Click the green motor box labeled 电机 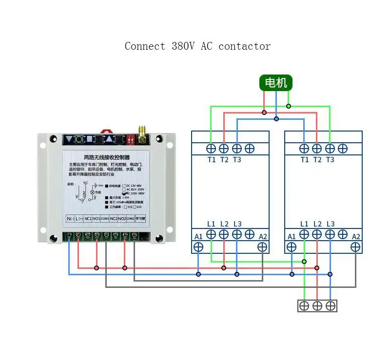[x=276, y=83]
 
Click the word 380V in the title [x=183, y=46]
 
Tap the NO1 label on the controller [x=97, y=219]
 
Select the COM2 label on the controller [x=130, y=219]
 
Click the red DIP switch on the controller [x=131, y=139]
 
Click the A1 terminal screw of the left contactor [x=198, y=246]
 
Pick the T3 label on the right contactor [x=330, y=159]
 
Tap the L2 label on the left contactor [x=224, y=224]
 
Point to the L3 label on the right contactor [x=331, y=224]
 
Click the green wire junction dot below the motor [x=288, y=106]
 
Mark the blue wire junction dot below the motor [x=276, y=119]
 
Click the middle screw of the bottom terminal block [x=317, y=306]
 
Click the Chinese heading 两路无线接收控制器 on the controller [x=107, y=157]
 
